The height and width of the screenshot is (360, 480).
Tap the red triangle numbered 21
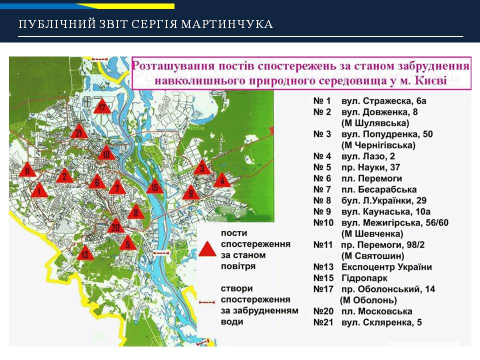tap(79, 131)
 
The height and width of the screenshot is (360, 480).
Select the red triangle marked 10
tap(106, 152)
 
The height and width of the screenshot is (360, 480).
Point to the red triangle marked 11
tap(27, 169)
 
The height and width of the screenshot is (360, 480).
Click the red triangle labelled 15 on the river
tap(155, 186)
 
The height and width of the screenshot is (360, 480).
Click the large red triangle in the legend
tap(207, 248)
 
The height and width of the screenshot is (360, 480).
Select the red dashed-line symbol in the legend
tap(207, 302)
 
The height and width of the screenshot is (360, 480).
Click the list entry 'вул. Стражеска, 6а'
tap(384, 101)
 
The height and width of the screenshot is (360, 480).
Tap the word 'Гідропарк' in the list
tap(364, 278)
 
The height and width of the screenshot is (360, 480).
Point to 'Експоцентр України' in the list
tap(386, 267)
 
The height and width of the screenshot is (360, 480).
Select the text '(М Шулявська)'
tap(375, 123)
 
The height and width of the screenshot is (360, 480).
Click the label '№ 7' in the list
tap(322, 189)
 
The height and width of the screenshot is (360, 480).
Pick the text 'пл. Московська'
tap(377, 311)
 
